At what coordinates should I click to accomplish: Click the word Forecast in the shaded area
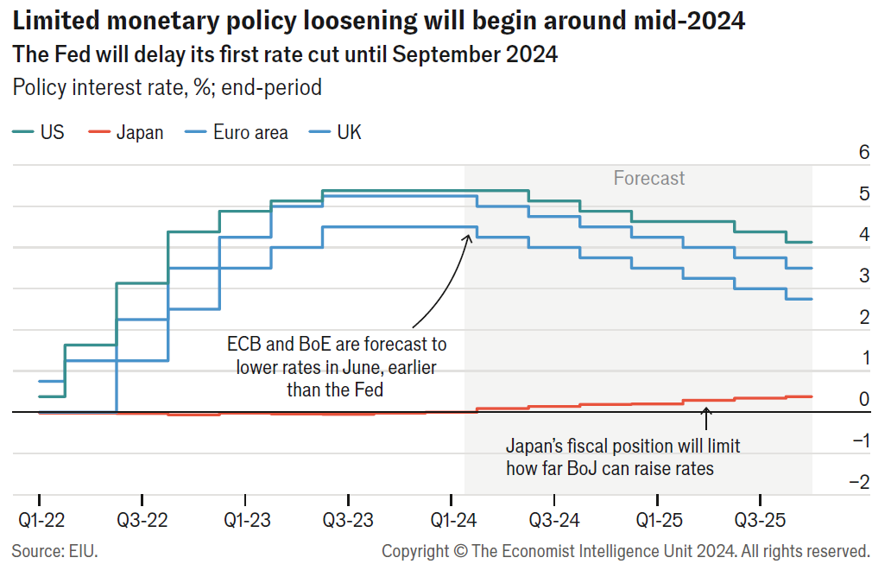[649, 179]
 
